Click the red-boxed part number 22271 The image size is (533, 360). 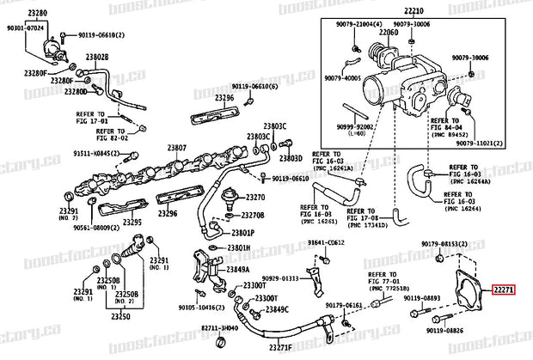(x=503, y=290)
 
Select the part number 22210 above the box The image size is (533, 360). (x=415, y=12)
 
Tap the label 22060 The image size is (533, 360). (x=389, y=33)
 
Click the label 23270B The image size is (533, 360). (x=253, y=216)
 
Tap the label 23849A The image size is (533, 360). (x=238, y=269)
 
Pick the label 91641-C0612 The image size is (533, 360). (x=327, y=243)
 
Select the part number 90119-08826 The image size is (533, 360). (x=445, y=328)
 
